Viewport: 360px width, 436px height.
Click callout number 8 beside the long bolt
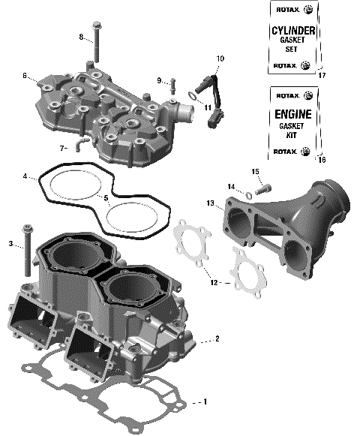(x=81, y=37)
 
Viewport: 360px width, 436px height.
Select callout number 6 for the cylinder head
(x=25, y=76)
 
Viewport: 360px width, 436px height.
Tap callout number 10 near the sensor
(x=220, y=58)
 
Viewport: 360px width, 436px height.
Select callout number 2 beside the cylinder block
(x=217, y=339)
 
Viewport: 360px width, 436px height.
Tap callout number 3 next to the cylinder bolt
(x=10, y=244)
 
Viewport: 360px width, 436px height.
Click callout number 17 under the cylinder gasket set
(x=322, y=76)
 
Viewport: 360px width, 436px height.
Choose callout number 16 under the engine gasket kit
(x=322, y=160)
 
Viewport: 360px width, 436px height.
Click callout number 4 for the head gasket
(x=25, y=177)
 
